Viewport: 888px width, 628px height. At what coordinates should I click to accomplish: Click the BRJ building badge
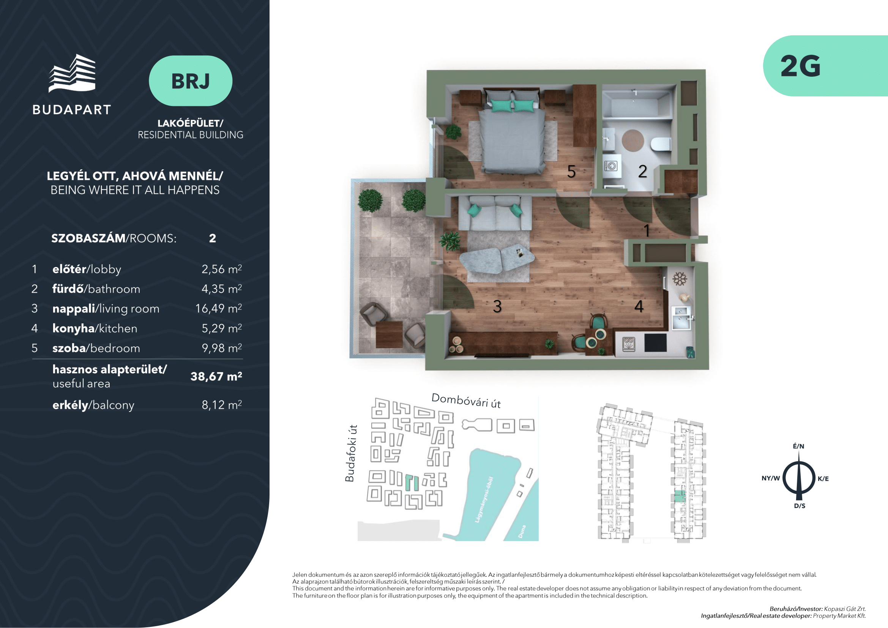[x=190, y=81]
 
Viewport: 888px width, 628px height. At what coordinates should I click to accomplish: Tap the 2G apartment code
[x=800, y=66]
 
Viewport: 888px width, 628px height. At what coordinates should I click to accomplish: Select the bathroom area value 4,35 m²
[x=222, y=289]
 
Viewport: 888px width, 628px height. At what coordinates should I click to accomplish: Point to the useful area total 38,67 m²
[x=216, y=376]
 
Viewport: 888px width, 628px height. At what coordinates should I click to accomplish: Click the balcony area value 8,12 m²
[x=222, y=405]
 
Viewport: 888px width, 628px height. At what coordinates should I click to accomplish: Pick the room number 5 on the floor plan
[x=571, y=171]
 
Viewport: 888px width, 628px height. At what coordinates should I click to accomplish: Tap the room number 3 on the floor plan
[x=497, y=307]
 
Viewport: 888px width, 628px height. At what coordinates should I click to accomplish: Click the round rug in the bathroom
[x=633, y=140]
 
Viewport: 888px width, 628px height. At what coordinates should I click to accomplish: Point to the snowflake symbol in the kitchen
[x=680, y=279]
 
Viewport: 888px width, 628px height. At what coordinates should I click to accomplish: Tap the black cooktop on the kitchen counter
[x=656, y=342]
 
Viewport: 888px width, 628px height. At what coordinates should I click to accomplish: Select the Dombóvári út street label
[x=466, y=401]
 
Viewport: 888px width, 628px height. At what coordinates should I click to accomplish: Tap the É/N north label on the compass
[x=798, y=446]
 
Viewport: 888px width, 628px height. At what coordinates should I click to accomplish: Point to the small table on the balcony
[x=390, y=334]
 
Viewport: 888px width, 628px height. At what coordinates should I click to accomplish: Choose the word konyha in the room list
[x=74, y=328]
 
